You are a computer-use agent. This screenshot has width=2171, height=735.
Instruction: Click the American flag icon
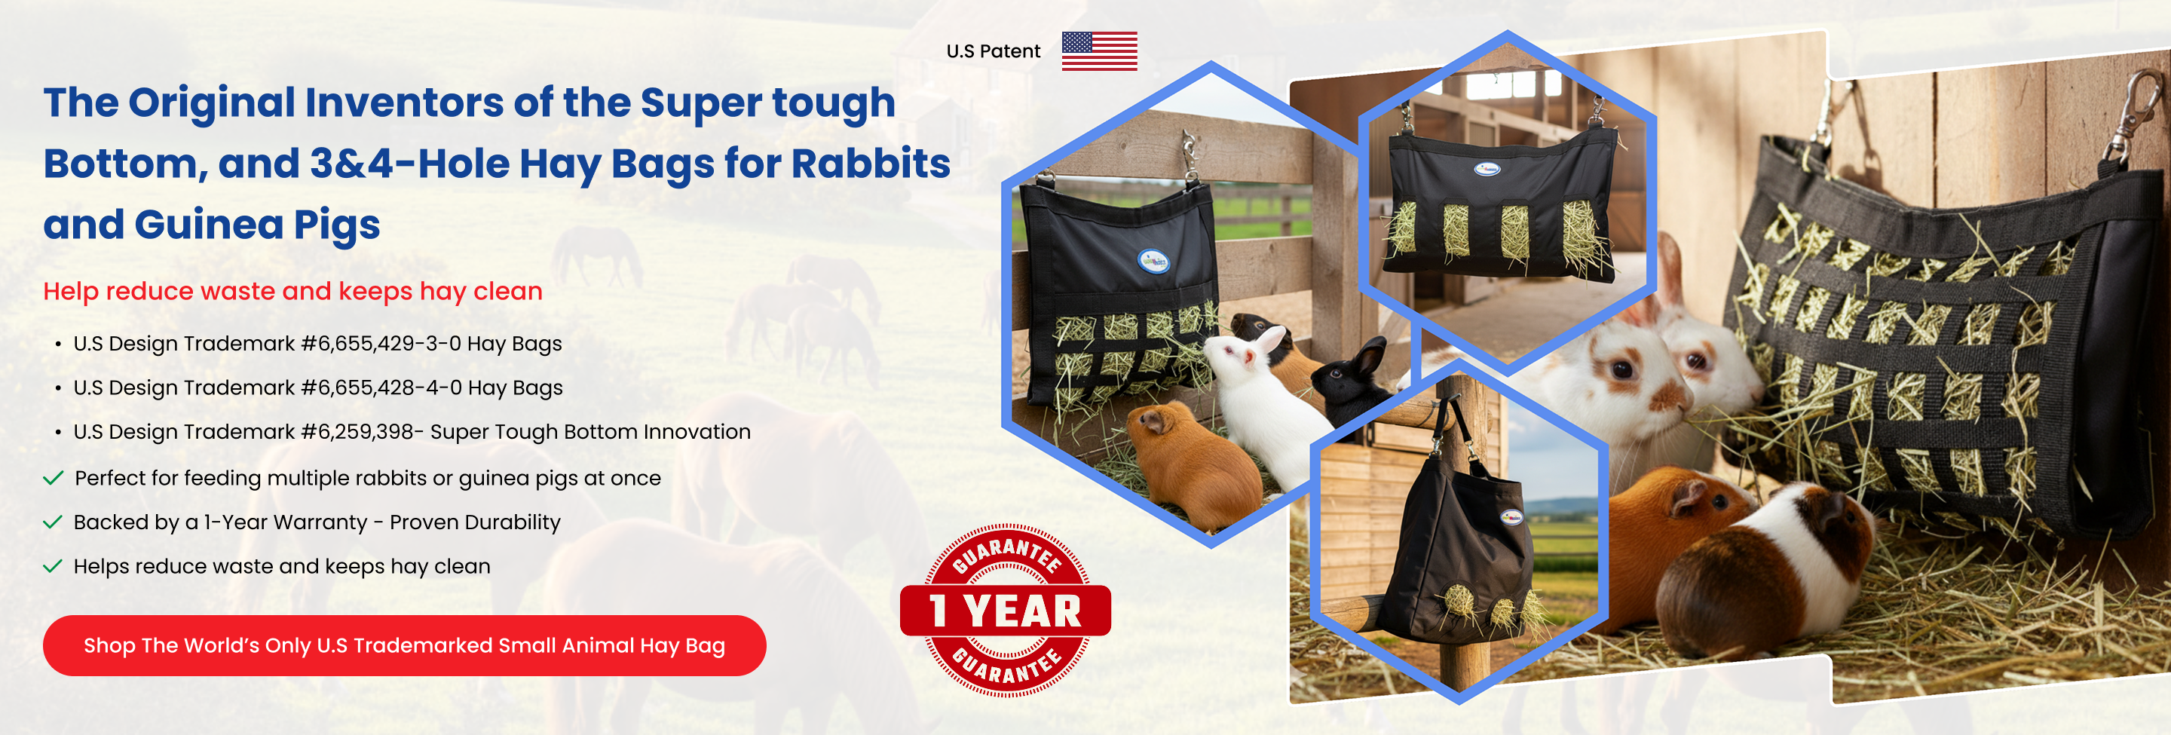[x=1099, y=51]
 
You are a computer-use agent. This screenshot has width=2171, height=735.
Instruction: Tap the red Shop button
[x=405, y=645]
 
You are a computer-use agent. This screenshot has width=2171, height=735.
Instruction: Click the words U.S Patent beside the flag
[x=993, y=51]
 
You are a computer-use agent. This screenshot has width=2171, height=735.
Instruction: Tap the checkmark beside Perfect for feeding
[x=53, y=478]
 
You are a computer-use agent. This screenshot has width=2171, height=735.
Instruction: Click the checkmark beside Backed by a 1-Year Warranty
[x=53, y=522]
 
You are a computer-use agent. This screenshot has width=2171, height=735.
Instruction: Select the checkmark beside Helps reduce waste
[x=53, y=565]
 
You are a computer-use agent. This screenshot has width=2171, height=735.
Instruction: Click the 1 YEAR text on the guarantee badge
[x=1005, y=611]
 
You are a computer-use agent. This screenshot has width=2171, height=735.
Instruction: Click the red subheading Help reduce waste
[x=292, y=291]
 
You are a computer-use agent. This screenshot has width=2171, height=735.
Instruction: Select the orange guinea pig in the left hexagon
[x=1193, y=464]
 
